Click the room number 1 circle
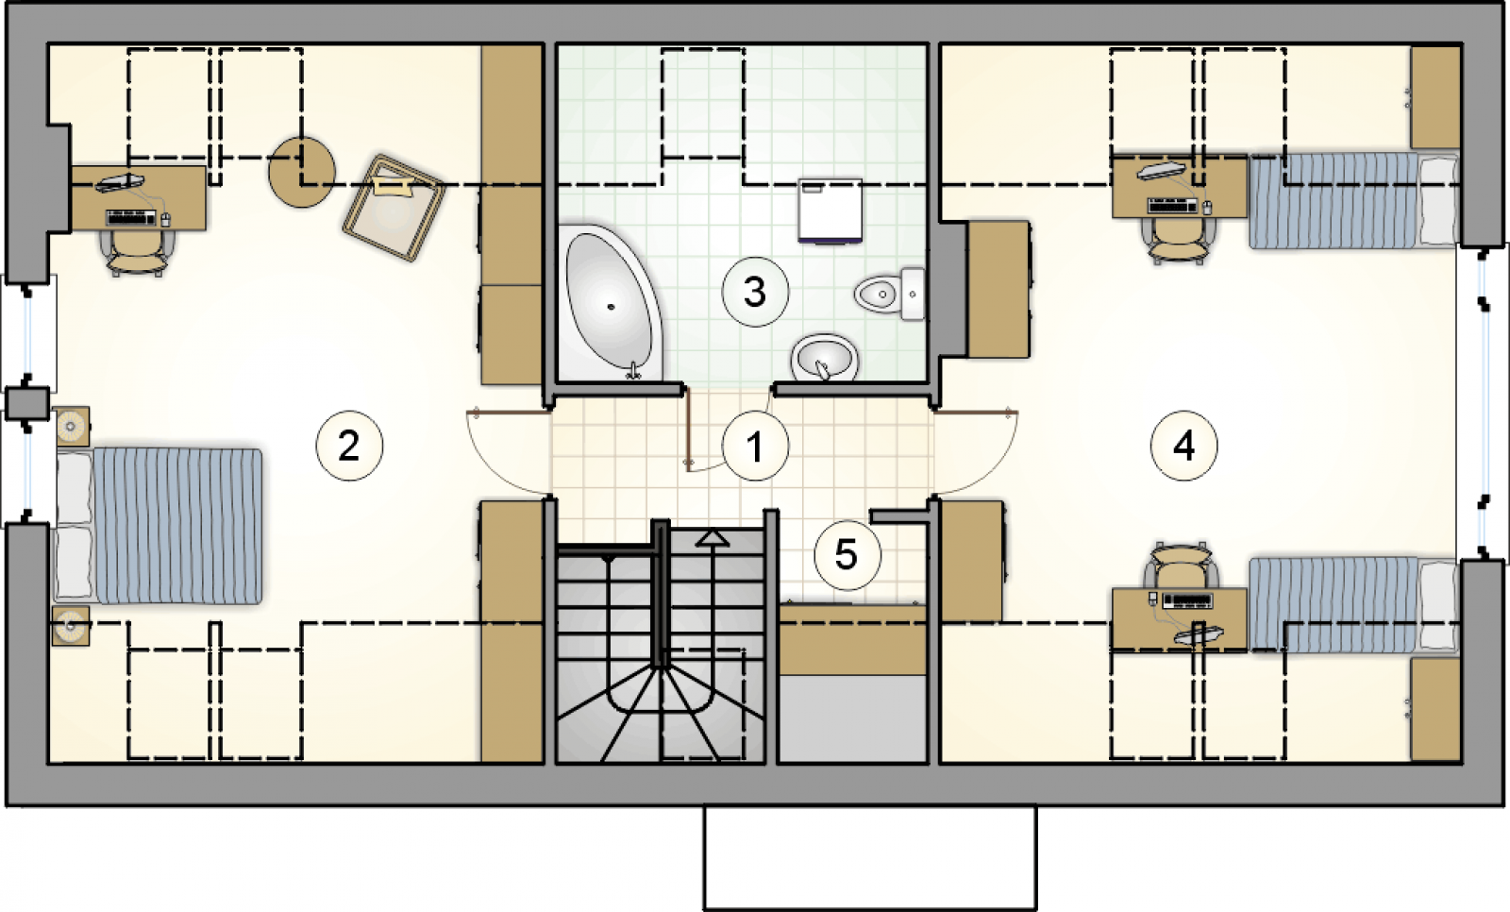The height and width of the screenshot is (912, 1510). (x=755, y=447)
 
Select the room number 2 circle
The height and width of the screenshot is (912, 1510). (x=349, y=446)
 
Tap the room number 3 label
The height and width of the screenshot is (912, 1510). (x=755, y=293)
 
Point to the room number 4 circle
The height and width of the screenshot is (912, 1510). (x=1183, y=446)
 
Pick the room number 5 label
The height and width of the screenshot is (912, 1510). (x=847, y=555)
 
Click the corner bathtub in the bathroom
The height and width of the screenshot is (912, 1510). (x=611, y=302)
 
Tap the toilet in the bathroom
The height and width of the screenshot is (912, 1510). (x=890, y=295)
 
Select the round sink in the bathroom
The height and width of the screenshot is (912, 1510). (x=825, y=356)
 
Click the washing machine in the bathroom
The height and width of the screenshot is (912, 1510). (x=830, y=211)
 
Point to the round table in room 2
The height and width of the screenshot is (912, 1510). (x=301, y=172)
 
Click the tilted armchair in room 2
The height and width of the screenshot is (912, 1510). (x=394, y=207)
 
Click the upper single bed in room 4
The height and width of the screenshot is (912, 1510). (x=1354, y=201)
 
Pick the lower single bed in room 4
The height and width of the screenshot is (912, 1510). (x=1354, y=604)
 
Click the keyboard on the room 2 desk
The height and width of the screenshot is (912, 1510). (x=131, y=218)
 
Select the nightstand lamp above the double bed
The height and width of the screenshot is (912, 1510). (x=72, y=426)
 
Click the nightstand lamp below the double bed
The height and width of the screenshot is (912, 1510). (x=71, y=626)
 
